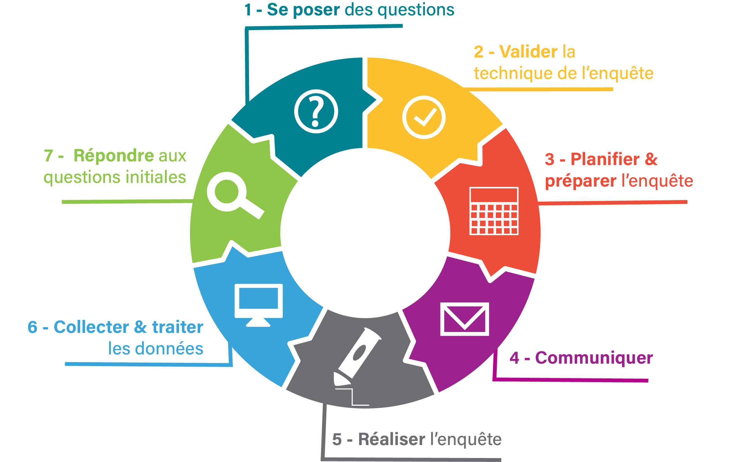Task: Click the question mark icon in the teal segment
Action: pyautogui.click(x=316, y=111)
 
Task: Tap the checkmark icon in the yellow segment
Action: pyautogui.click(x=424, y=117)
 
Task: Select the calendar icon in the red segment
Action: pyautogui.click(x=494, y=211)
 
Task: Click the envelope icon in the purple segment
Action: pyautogui.click(x=465, y=319)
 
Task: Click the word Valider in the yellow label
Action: pyautogui.click(x=528, y=52)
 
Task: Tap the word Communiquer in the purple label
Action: pyautogui.click(x=594, y=358)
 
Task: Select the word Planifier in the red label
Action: pyautogui.click(x=605, y=159)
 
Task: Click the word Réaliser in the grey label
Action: pyautogui.click(x=391, y=439)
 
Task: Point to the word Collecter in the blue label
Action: pyautogui.click(x=91, y=327)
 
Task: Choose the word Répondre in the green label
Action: pyautogui.click(x=113, y=156)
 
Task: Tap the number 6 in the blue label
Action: pyautogui.click(x=33, y=327)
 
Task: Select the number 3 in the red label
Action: pyautogui.click(x=550, y=160)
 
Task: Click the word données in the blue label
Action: pyautogui.click(x=169, y=349)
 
